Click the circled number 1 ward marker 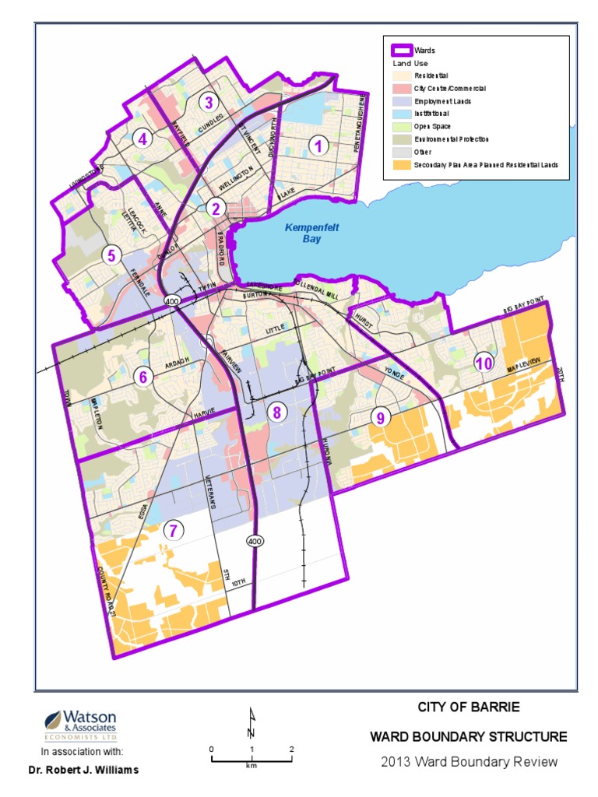(x=316, y=144)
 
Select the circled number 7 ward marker (x=174, y=531)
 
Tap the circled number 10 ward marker (x=484, y=363)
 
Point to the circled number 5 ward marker (x=112, y=255)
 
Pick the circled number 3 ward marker (x=208, y=102)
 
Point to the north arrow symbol (x=252, y=723)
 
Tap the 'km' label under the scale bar (x=252, y=766)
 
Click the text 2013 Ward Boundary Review (x=469, y=761)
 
